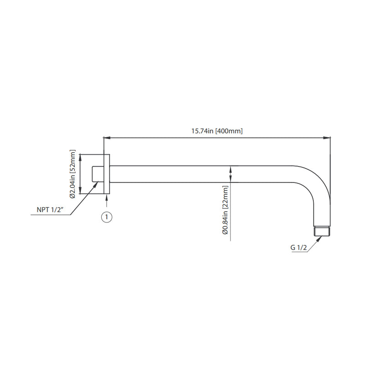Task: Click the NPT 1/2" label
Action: tap(50, 210)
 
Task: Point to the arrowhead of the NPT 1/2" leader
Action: tap(97, 184)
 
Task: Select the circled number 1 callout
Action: tap(106, 217)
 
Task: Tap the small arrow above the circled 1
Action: tap(106, 197)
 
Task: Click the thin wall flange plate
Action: tap(107, 174)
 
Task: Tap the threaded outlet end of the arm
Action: tap(322, 231)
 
